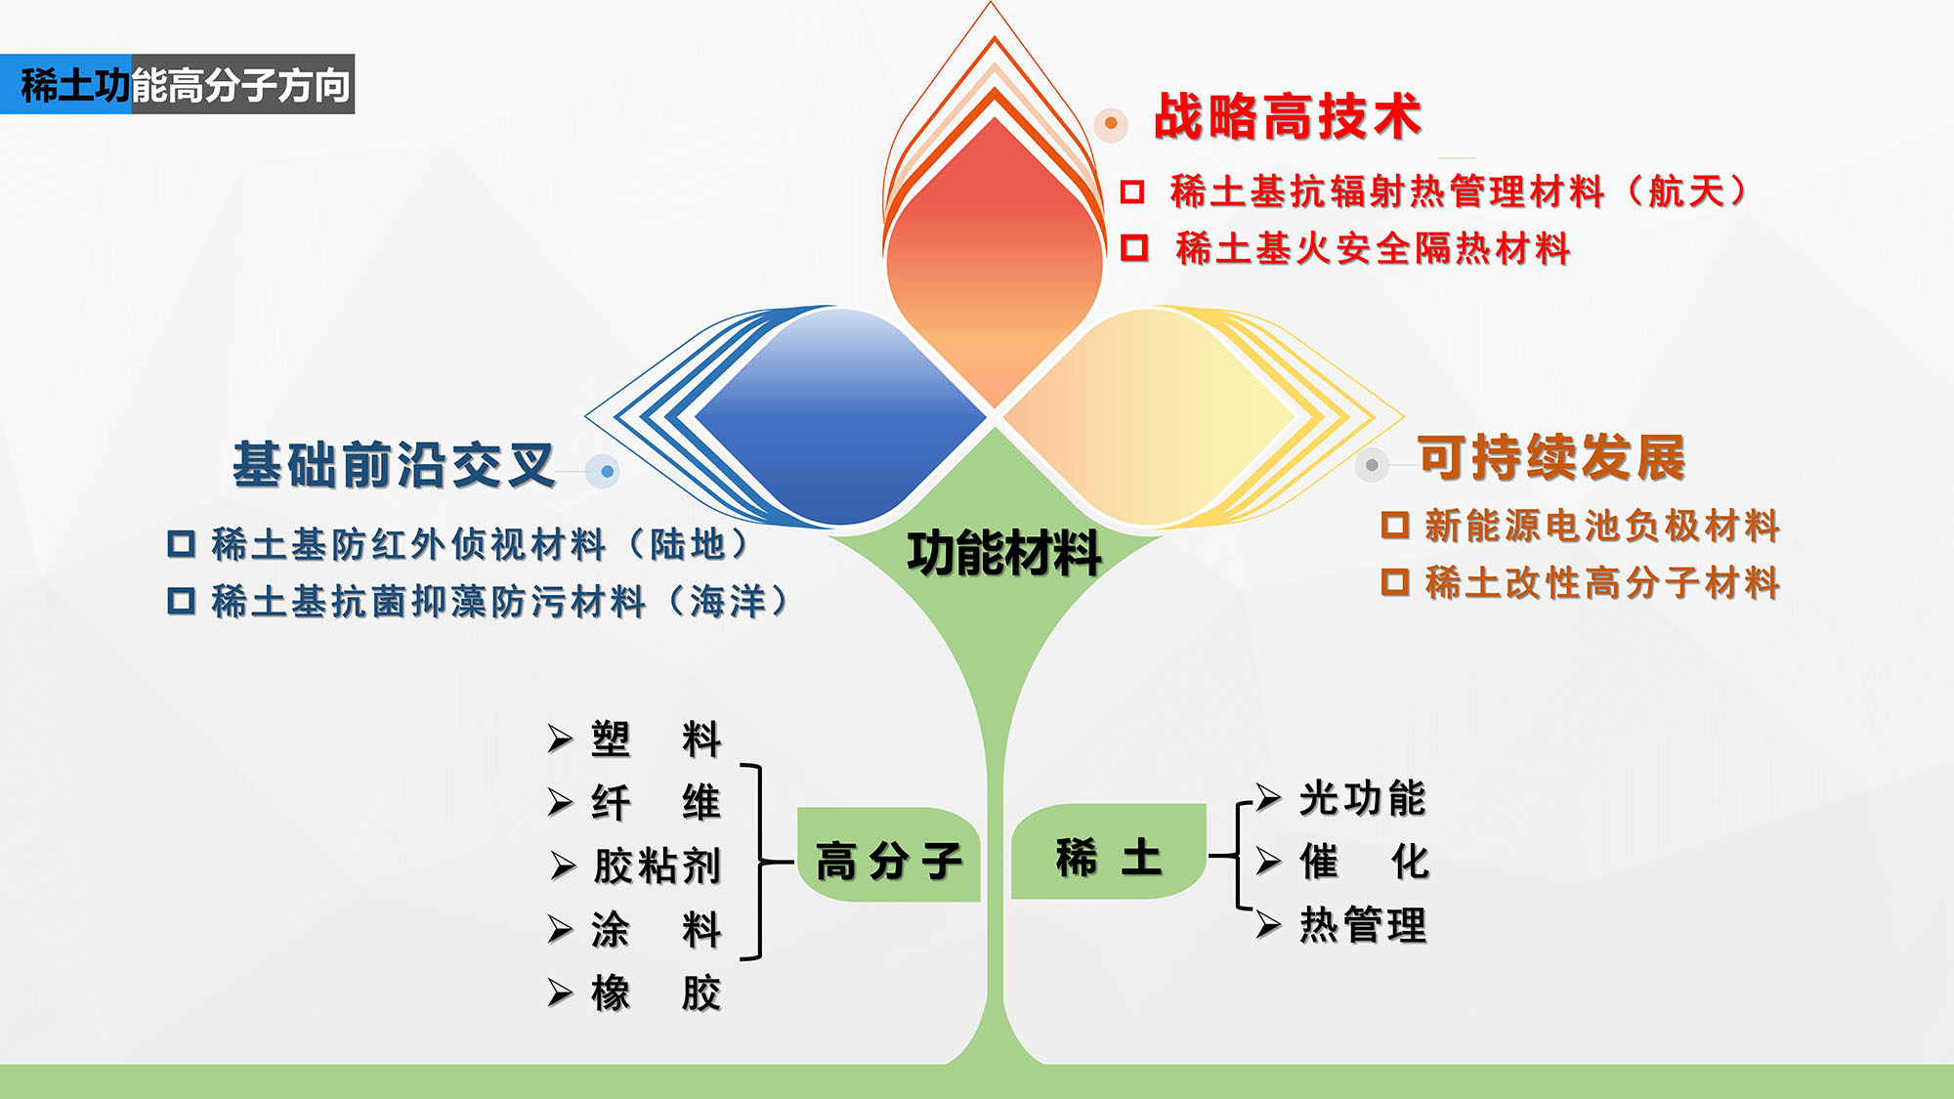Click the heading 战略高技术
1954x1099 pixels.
click(x=1288, y=117)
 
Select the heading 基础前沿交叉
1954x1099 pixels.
click(x=394, y=464)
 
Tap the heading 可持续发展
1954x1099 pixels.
click(x=1552, y=457)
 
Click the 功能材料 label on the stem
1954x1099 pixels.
click(x=1004, y=554)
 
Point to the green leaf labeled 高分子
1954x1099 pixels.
click(x=888, y=855)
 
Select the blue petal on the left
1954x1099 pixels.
click(x=840, y=417)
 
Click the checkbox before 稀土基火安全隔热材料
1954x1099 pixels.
click(x=1134, y=247)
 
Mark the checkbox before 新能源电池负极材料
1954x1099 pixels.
click(x=1395, y=525)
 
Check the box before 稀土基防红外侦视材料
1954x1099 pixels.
click(x=182, y=543)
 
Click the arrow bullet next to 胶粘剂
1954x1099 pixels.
click(x=563, y=866)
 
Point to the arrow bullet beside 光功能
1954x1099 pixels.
click(x=1268, y=798)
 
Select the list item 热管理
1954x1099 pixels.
click(x=1363, y=924)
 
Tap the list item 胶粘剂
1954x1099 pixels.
click(x=658, y=866)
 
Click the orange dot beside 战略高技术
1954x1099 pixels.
click(x=1111, y=123)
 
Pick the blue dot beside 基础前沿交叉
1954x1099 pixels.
click(x=607, y=472)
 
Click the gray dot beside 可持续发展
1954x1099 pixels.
click(x=1372, y=465)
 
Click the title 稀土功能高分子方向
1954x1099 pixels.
click(x=185, y=85)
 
